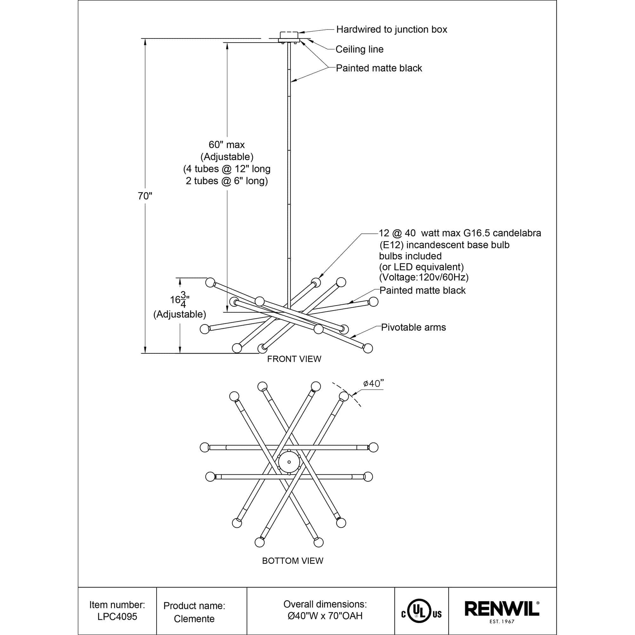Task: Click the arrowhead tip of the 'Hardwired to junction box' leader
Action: [298, 32]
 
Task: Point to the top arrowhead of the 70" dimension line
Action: [145, 39]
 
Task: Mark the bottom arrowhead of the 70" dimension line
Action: [145, 353]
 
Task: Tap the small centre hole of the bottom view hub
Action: [289, 462]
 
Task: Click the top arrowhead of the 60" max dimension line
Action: [227, 43]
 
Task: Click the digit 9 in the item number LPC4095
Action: [128, 617]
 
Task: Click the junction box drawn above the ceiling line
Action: [289, 35]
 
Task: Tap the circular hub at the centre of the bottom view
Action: [289, 462]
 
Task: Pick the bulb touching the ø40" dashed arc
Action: [344, 396]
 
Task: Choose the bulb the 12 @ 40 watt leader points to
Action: [316, 282]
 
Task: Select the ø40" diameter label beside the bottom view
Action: [373, 383]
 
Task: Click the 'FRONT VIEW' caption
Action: [294, 359]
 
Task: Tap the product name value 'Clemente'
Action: [194, 619]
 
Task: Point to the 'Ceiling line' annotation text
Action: [360, 49]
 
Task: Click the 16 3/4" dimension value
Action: [180, 299]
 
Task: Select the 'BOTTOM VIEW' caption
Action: [292, 561]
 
